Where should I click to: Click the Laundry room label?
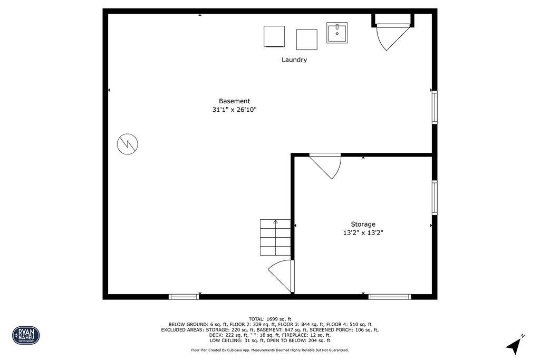tap(294, 60)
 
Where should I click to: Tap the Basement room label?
tap(234, 101)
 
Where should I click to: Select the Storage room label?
tap(363, 224)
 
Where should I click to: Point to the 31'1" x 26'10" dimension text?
tap(234, 110)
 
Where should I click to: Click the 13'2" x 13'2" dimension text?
tap(363, 232)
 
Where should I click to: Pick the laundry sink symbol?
tap(336, 33)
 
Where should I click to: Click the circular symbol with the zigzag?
tap(127, 143)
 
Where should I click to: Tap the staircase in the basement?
tap(275, 237)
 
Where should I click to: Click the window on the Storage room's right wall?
tap(435, 198)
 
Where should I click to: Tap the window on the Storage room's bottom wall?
tap(390, 297)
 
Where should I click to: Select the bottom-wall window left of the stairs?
tap(184, 297)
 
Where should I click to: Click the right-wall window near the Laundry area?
tap(435, 108)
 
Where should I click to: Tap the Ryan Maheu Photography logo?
tap(26, 335)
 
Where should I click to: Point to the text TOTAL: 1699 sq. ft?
tap(270, 319)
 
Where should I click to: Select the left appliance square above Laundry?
tap(274, 36)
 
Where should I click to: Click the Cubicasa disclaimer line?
tap(270, 350)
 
